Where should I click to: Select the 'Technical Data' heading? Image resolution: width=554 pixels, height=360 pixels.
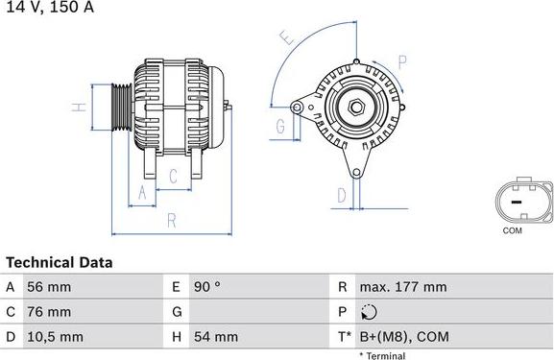[x=60, y=262]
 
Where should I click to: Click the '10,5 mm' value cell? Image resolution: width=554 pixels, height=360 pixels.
[x=56, y=337]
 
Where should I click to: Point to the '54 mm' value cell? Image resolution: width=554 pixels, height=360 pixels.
[x=217, y=337]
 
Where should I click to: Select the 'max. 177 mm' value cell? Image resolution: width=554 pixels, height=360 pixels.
[x=402, y=287]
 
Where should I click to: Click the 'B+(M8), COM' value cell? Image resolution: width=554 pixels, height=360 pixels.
[x=403, y=337]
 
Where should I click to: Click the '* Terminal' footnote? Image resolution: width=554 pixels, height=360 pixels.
[x=382, y=355]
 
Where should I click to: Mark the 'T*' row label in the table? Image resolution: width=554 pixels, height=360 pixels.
[x=343, y=337]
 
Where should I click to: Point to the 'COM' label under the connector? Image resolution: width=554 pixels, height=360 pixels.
[x=513, y=231]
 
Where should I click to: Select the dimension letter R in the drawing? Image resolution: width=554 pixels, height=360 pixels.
[x=171, y=220]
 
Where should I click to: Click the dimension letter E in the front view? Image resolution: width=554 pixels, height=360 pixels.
[x=285, y=38]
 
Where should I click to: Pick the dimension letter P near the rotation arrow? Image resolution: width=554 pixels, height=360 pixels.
[x=403, y=61]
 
